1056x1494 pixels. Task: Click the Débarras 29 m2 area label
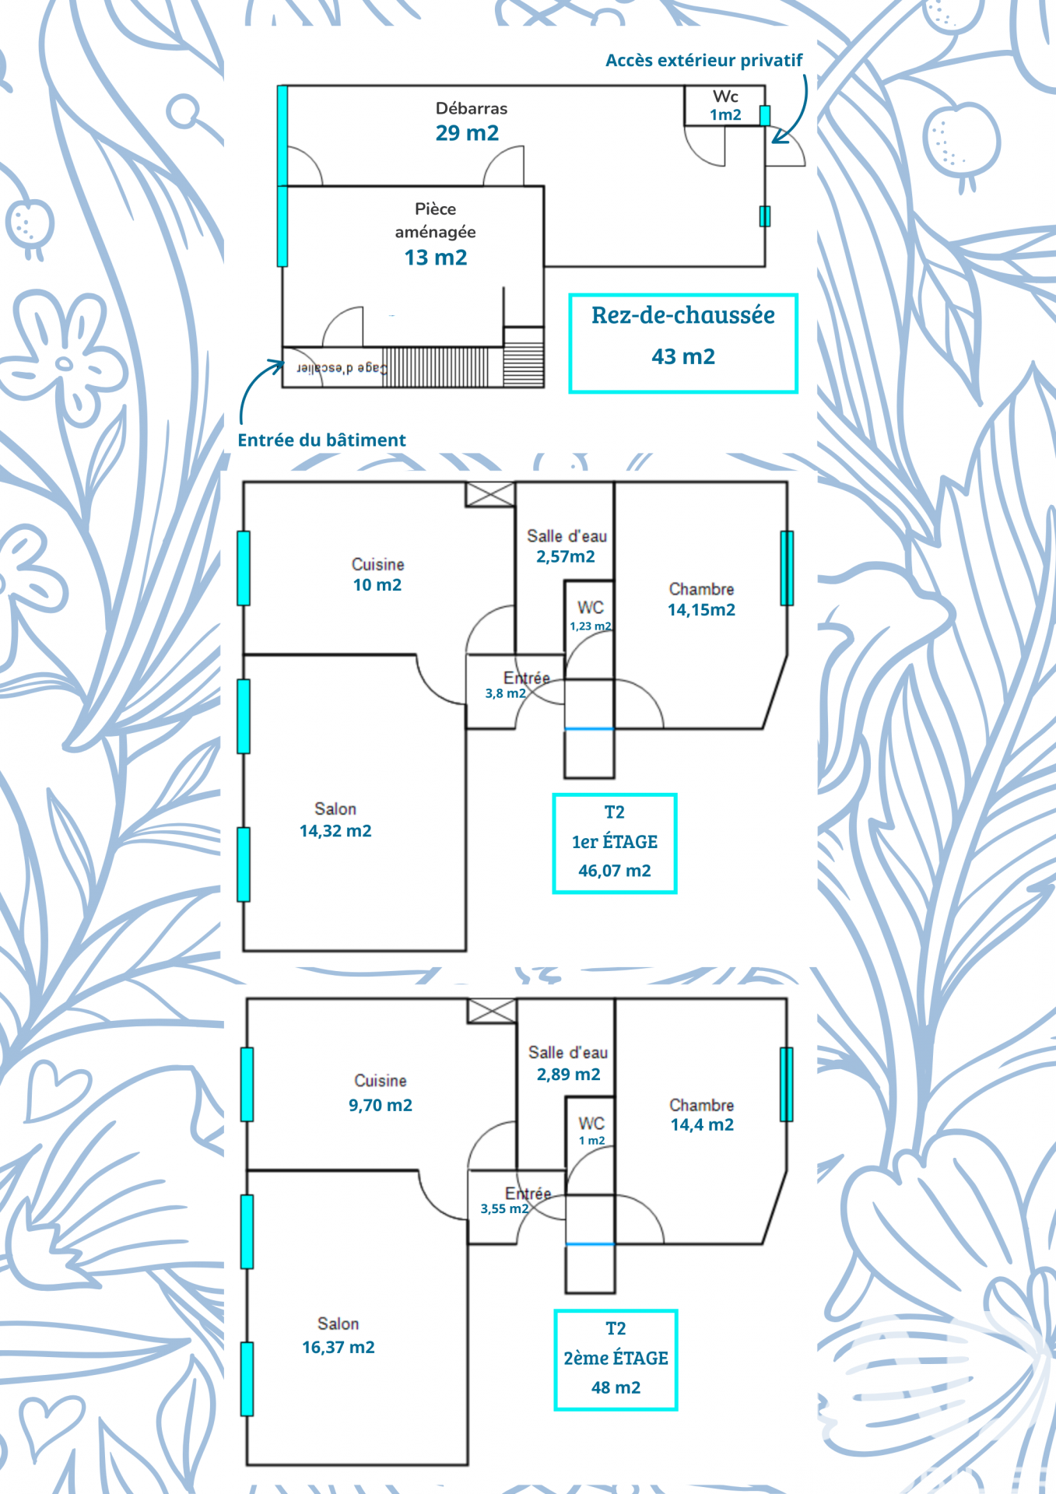click(469, 122)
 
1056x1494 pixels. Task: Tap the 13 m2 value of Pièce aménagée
click(436, 258)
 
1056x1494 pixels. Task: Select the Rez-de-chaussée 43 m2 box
click(683, 343)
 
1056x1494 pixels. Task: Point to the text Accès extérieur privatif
click(703, 61)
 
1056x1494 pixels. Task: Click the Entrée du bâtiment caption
click(321, 440)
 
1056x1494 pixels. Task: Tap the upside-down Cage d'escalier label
click(340, 368)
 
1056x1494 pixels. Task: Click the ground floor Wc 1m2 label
click(725, 105)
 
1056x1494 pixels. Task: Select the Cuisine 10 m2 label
click(377, 575)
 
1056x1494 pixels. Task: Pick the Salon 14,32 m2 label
click(335, 820)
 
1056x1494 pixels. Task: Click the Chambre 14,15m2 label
click(701, 600)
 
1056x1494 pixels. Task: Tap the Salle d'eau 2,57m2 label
click(567, 546)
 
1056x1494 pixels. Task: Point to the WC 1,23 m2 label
click(591, 615)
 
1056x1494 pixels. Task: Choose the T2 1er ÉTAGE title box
click(615, 843)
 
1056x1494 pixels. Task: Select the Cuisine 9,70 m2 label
click(381, 1093)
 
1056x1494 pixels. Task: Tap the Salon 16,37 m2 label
click(339, 1336)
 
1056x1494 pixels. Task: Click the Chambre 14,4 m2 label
click(702, 1115)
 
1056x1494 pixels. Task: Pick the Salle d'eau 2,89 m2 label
click(568, 1064)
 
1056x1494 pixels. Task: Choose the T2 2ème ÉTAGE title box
click(616, 1359)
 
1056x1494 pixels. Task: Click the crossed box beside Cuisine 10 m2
click(490, 495)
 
